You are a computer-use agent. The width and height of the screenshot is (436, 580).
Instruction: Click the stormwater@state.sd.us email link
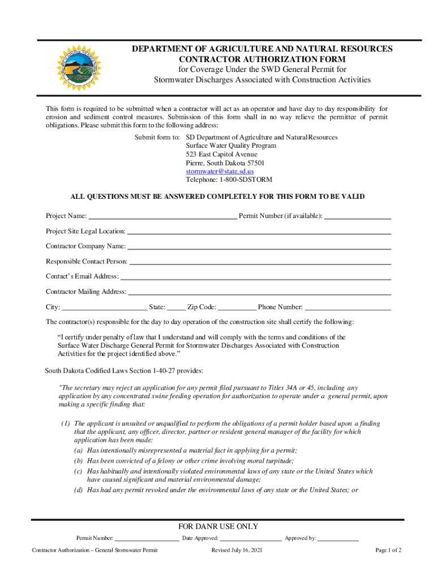[220, 171]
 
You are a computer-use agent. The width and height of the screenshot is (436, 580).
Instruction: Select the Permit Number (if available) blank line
[358, 216]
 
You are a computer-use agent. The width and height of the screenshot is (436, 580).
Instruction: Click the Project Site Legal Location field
[259, 231]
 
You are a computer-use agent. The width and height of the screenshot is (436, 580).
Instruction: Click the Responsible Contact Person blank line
[260, 262]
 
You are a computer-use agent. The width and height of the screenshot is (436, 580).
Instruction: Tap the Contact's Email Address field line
[256, 277]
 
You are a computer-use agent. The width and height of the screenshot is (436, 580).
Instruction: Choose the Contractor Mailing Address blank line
[260, 292]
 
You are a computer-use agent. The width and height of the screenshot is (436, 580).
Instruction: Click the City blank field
[104, 308]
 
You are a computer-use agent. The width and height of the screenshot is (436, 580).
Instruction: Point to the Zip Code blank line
[237, 308]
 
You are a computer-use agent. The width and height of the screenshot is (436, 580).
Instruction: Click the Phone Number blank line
[348, 308]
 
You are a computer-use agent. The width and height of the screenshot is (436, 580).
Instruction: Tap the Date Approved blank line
[251, 539]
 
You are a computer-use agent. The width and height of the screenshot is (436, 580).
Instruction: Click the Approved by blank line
[338, 539]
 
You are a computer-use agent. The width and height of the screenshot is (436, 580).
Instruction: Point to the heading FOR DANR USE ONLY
[218, 527]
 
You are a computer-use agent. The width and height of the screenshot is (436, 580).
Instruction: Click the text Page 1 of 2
[389, 550]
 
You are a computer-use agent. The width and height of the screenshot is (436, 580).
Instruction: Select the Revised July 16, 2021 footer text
[237, 550]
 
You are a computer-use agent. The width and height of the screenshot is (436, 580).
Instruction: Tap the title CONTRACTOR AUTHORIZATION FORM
[262, 59]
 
